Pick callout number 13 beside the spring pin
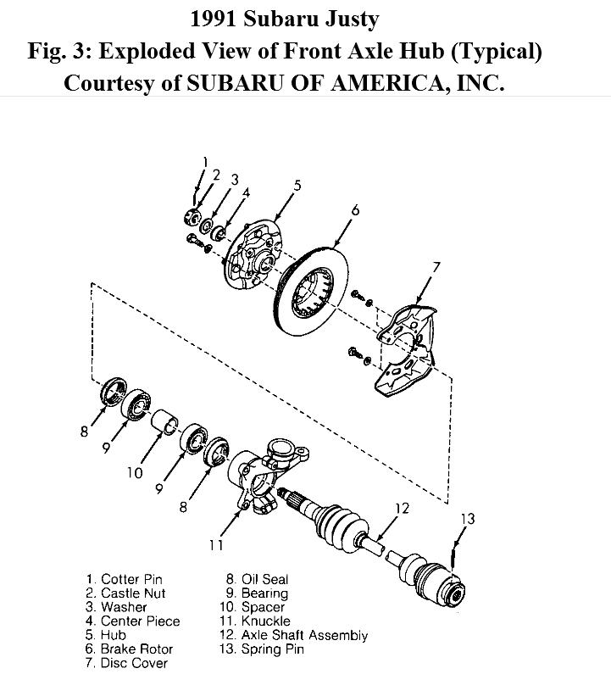467,519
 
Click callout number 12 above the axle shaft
402,508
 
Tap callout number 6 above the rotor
355,209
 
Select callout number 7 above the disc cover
436,268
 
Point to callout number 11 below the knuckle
216,545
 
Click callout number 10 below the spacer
136,472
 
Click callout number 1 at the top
205,161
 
